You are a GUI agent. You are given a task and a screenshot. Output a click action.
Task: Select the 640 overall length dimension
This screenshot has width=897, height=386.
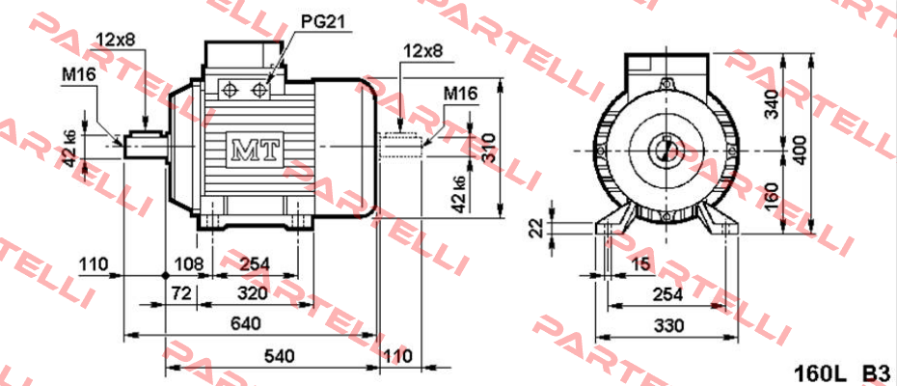246,323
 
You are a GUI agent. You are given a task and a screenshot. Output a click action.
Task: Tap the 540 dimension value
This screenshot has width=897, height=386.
279,356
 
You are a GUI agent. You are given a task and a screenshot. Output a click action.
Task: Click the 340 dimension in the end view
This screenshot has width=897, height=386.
773,103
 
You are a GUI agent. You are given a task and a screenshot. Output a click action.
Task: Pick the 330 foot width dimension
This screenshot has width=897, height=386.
668,326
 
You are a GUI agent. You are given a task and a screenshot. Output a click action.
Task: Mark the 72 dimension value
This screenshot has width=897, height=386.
180,294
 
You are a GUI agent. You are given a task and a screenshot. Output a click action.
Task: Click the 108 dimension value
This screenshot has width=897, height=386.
189,264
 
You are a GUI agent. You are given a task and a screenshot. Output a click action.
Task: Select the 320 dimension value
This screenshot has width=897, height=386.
253,294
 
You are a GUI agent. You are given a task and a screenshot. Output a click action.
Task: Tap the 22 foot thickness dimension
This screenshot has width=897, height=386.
535,229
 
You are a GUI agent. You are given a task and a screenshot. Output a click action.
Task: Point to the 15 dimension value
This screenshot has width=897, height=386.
640,264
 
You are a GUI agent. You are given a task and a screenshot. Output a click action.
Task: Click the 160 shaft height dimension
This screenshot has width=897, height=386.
773,197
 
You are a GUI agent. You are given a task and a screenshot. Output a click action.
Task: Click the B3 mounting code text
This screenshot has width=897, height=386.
877,373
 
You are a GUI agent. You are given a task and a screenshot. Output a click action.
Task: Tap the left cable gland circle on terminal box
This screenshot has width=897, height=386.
231,90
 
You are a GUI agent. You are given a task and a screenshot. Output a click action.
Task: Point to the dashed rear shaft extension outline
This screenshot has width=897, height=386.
402,142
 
